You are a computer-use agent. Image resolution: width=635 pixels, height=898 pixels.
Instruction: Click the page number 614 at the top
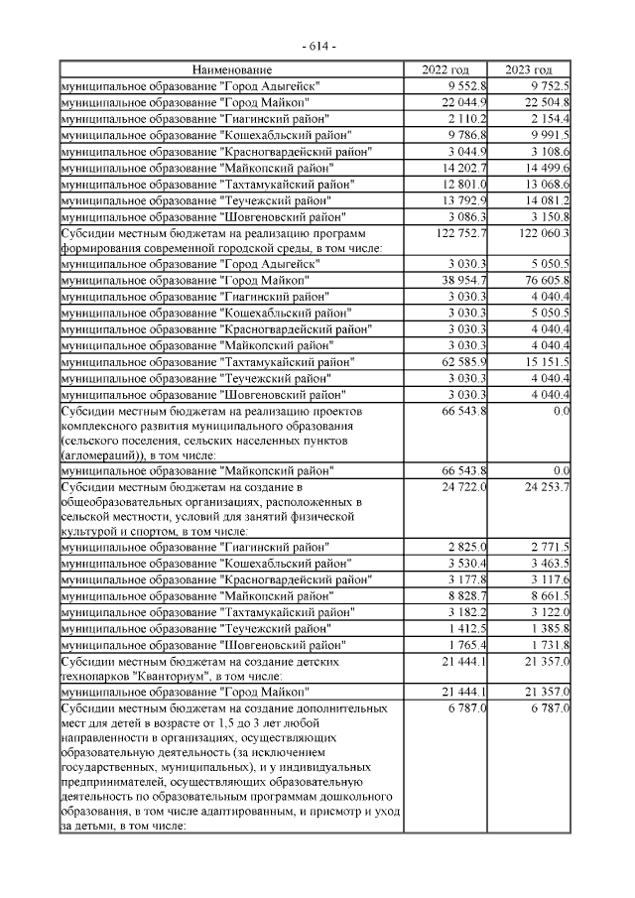click(317, 47)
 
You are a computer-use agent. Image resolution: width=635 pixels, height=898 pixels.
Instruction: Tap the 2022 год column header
click(446, 70)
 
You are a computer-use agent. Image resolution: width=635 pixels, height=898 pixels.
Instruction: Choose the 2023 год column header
click(529, 70)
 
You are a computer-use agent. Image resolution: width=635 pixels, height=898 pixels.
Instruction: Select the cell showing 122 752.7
click(457, 233)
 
